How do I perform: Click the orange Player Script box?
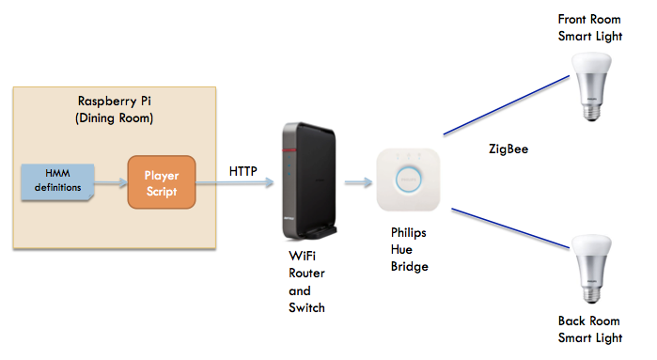161,183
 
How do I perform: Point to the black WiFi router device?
305,180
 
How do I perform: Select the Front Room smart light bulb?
589,86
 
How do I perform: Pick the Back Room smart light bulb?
589,271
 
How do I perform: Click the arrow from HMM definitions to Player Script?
111,183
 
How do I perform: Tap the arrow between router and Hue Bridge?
354,183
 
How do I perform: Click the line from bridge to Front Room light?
507,102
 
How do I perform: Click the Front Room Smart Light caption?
589,26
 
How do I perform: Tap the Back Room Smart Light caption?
588,329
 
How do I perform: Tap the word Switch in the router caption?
307,307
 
